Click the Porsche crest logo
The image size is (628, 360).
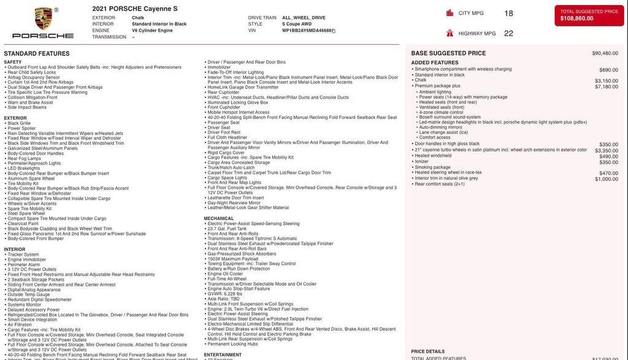click(43, 18)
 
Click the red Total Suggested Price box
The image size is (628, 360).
click(589, 15)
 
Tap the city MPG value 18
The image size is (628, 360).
click(508, 13)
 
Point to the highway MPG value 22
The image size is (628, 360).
click(508, 34)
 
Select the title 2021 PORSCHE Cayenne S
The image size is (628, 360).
click(135, 9)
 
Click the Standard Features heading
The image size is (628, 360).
click(37, 54)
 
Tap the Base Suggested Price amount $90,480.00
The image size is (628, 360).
click(605, 53)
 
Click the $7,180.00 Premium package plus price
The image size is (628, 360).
click(606, 86)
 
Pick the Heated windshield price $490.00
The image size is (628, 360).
click(608, 156)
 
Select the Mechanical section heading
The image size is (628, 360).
click(219, 218)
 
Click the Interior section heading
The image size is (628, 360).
click(15, 250)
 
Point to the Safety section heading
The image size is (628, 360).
click(13, 62)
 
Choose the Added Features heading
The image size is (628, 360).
click(435, 63)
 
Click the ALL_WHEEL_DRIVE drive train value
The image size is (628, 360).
click(304, 18)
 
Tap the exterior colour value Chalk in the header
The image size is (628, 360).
click(138, 18)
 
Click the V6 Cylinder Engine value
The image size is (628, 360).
click(152, 30)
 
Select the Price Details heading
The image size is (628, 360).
click(427, 351)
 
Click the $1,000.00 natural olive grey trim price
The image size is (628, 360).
click(606, 179)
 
